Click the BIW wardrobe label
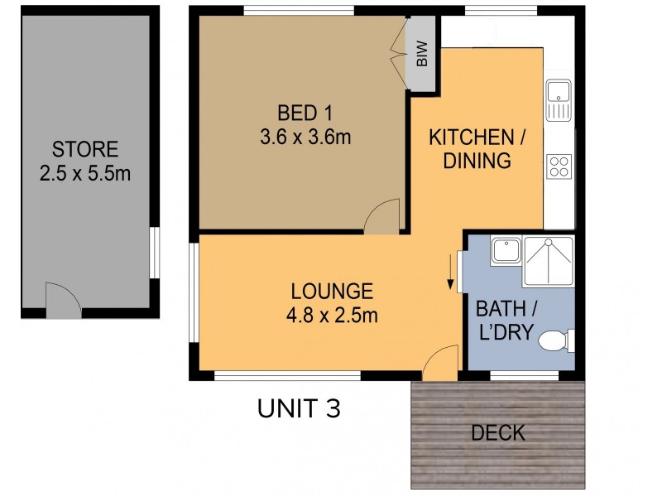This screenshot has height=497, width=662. coord(422,54)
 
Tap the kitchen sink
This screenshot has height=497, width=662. coord(558,100)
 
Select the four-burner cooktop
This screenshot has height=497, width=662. coord(559,166)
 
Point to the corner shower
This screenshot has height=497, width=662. coord(548,262)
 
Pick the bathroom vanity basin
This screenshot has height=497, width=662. coord(506,251)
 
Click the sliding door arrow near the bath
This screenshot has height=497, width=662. coord(451,272)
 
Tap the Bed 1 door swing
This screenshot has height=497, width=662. coord(381,216)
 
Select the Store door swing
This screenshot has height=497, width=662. coord(64,301)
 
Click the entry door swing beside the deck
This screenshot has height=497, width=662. coord(440,363)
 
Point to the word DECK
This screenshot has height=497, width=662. coord(498,433)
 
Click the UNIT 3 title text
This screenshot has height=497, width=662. coord(299,408)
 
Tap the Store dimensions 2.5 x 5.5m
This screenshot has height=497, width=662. coord(85,173)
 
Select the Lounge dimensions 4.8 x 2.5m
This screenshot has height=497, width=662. coord(332,316)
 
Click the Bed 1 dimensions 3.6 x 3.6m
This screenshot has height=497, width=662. coord(305,137)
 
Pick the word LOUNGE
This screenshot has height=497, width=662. coord(332,292)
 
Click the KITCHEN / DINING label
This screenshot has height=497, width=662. coord(477,149)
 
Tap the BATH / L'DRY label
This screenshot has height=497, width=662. coord(506,321)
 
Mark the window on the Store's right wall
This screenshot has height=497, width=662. coord(156,253)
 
